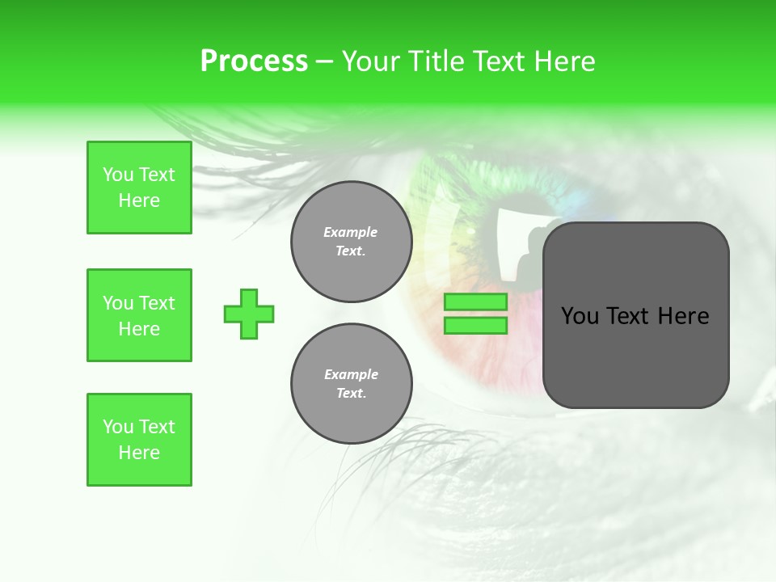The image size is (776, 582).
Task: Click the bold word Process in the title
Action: (254, 61)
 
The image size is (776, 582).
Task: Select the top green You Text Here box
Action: (139, 188)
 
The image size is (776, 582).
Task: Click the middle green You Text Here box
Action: (139, 315)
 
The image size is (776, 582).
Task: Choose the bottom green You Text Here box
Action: (139, 440)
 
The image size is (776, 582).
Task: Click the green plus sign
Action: (249, 314)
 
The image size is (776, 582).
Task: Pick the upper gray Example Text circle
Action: (351, 242)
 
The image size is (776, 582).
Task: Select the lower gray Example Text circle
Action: (351, 384)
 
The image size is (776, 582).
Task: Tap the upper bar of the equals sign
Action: (475, 302)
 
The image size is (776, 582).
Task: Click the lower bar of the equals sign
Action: (475, 325)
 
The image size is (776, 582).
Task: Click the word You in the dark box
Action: (580, 316)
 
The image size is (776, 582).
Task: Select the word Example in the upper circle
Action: (351, 232)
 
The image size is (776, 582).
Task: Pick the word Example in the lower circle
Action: (351, 374)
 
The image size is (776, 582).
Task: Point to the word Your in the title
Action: (369, 61)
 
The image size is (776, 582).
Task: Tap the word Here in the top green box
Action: (139, 200)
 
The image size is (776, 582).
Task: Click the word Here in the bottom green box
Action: (139, 453)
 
